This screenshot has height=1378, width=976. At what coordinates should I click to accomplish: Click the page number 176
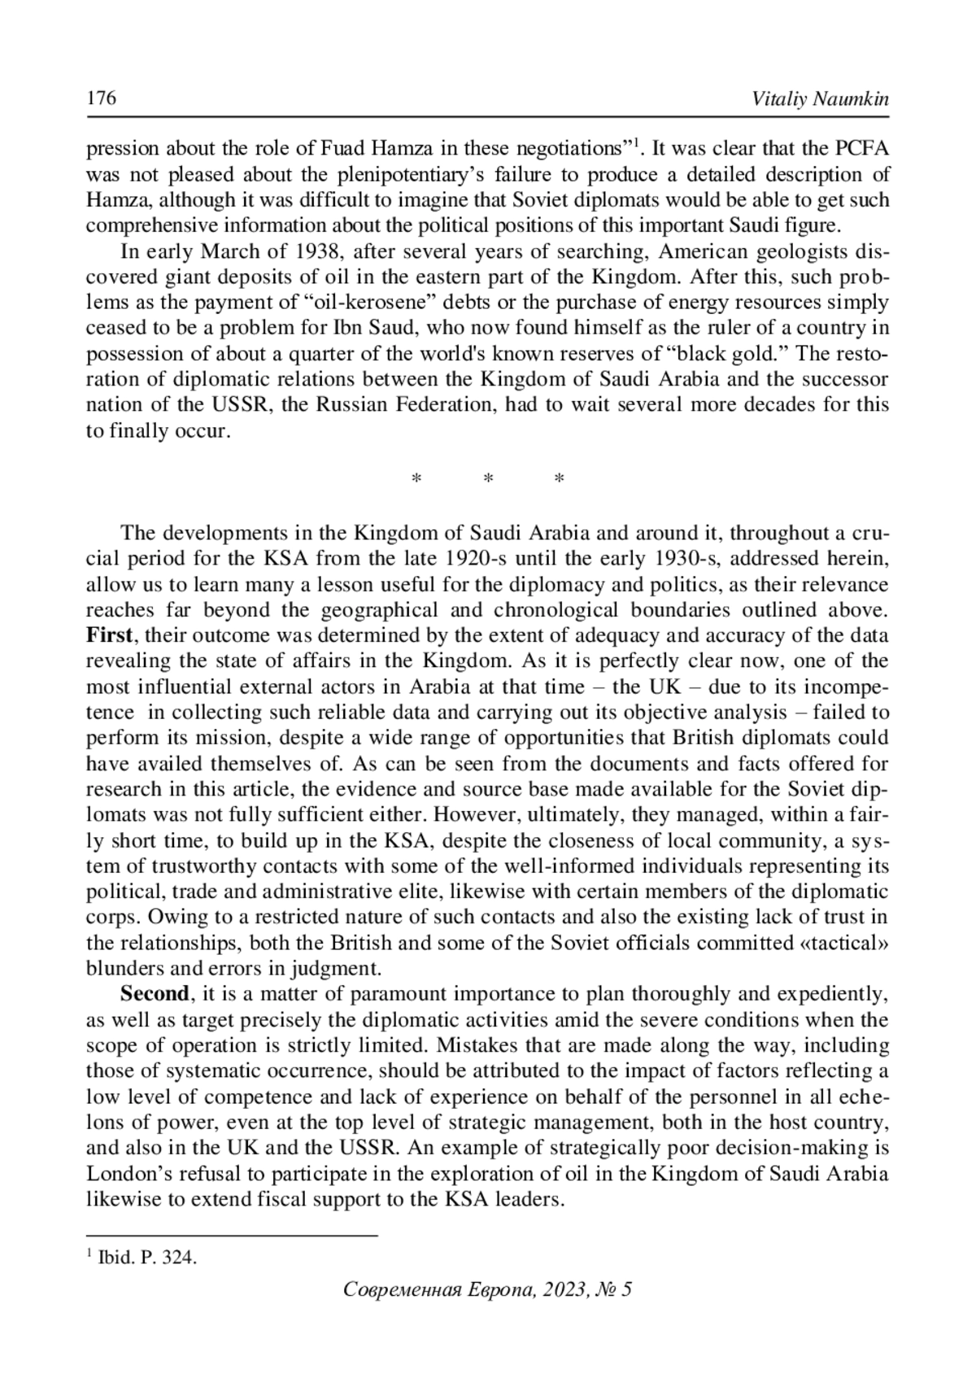coord(102,99)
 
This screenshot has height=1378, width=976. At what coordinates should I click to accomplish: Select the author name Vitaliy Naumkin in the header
coord(821,99)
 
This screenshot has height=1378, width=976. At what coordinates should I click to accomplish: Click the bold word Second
coord(155,994)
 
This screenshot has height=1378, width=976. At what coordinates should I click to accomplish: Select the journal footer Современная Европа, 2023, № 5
coord(488,1289)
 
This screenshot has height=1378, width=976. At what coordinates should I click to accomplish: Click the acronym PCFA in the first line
coord(861,149)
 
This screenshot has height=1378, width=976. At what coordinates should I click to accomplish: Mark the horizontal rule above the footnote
coord(233,1236)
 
